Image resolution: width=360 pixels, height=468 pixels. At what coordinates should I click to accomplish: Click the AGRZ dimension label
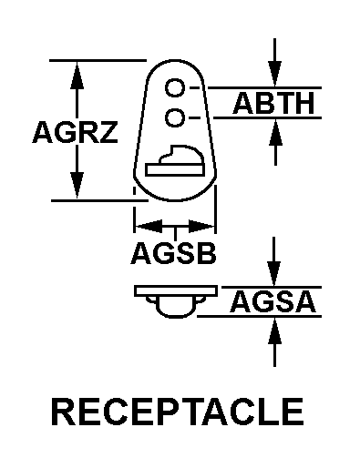(75, 134)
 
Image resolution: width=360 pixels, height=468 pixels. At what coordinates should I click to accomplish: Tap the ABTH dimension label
(274, 104)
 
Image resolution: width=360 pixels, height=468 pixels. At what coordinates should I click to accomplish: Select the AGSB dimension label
(173, 254)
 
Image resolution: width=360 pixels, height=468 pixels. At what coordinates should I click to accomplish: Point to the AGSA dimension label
(274, 301)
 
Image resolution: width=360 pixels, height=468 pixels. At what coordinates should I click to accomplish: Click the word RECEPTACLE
(178, 411)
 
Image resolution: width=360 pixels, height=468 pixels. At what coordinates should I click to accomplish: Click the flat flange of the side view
(173, 291)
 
